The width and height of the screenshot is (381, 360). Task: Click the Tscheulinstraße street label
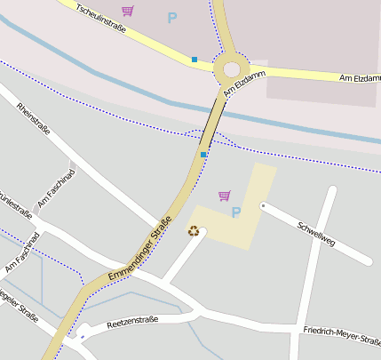[100, 20]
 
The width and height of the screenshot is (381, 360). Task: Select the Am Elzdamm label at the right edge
[360, 78]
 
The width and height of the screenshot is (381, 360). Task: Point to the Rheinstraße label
[34, 121]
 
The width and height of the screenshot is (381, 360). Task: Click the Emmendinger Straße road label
[139, 253]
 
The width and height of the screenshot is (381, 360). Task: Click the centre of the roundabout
[232, 68]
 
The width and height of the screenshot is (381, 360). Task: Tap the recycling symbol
[194, 231]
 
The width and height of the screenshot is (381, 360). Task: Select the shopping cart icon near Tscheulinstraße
[128, 11]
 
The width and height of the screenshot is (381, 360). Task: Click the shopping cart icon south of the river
[224, 196]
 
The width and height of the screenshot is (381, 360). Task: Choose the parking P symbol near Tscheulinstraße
[171, 17]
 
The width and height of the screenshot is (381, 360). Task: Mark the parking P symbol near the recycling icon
[235, 212]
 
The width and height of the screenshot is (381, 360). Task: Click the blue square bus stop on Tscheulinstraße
[194, 60]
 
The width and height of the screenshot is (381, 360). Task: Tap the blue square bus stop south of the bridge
[203, 155]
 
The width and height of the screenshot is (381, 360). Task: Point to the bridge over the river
[211, 119]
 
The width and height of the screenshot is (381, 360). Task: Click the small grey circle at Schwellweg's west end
[263, 206]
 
